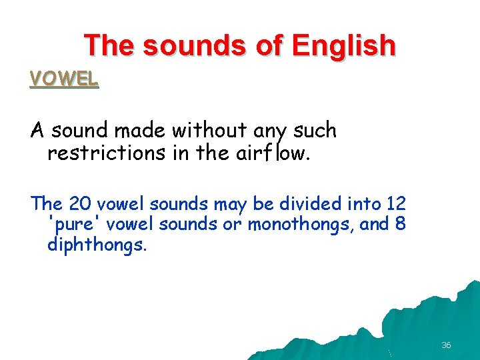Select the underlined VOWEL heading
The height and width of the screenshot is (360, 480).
tap(64, 79)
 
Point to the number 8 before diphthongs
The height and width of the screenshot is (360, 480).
tap(400, 224)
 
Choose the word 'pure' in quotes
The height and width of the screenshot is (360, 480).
tap(74, 224)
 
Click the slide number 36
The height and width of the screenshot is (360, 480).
tap(446, 345)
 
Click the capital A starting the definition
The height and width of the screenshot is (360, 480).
tap(37, 131)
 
